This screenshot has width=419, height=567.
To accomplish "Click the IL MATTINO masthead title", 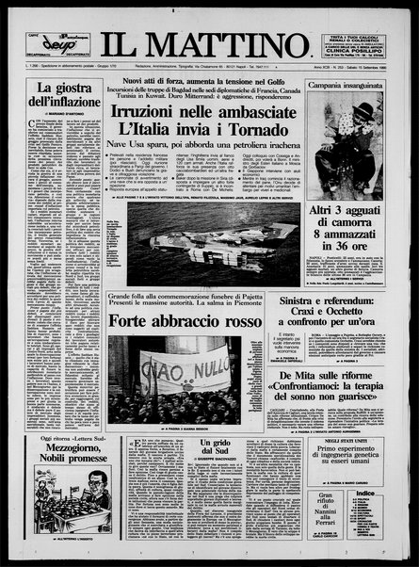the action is coord(211,43).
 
